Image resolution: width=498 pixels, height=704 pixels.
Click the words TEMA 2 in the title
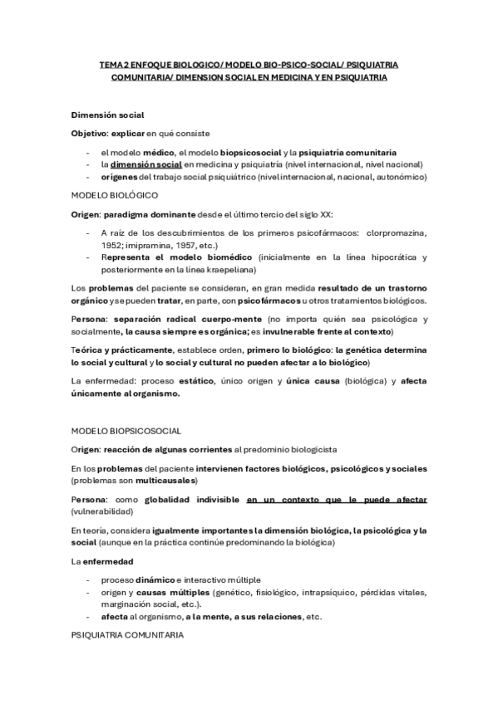point(115,63)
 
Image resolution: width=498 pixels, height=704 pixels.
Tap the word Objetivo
point(90,133)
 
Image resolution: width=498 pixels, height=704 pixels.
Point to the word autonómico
point(399,176)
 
